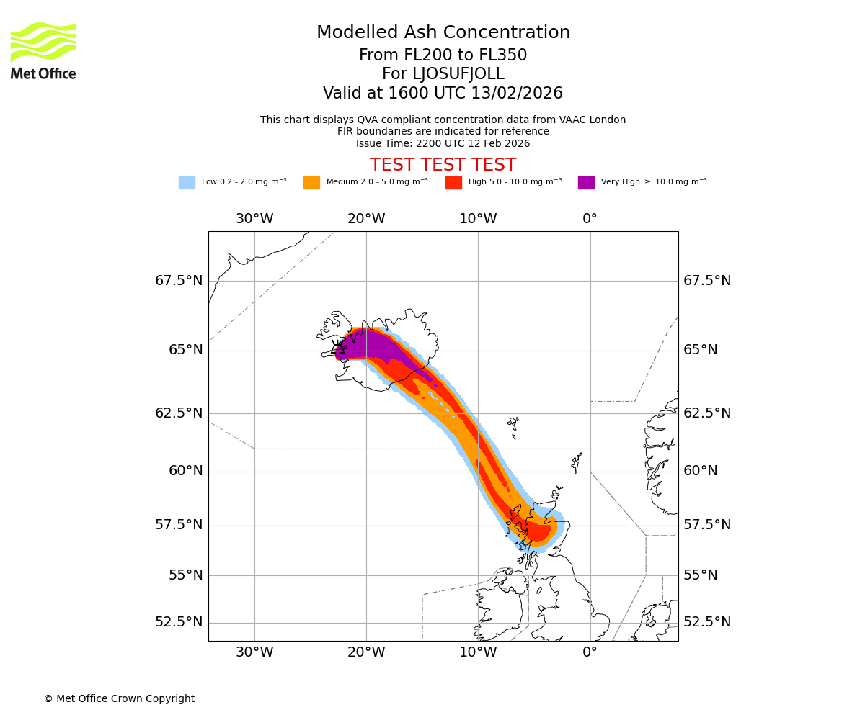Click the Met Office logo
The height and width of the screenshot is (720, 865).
click(x=43, y=50)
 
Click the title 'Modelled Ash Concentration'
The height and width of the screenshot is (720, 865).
click(x=443, y=33)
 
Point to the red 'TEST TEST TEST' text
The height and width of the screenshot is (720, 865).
click(x=443, y=165)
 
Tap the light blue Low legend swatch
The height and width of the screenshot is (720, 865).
click(x=187, y=183)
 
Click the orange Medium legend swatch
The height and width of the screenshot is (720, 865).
click(x=311, y=183)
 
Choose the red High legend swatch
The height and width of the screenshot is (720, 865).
click(x=453, y=183)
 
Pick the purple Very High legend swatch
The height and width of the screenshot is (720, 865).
click(x=586, y=183)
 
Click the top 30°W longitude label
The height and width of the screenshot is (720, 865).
click(x=254, y=219)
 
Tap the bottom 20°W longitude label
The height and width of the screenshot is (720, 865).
click(x=366, y=653)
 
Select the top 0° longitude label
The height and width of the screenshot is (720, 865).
click(x=590, y=219)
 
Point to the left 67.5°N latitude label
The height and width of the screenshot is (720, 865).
click(x=179, y=281)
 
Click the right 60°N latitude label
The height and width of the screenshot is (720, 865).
click(x=701, y=471)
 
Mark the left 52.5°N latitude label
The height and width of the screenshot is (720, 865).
click(x=179, y=622)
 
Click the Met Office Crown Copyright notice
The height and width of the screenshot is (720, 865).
click(x=119, y=699)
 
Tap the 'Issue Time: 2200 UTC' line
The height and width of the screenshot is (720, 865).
click(x=443, y=144)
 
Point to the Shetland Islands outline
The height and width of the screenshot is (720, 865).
click(x=577, y=462)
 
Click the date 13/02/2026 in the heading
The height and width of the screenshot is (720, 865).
click(x=517, y=94)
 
